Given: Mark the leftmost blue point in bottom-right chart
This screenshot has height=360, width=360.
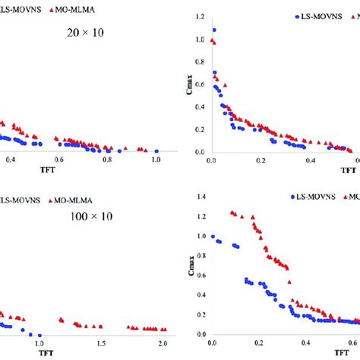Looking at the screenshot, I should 213,236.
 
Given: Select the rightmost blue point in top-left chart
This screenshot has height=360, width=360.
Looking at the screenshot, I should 156,150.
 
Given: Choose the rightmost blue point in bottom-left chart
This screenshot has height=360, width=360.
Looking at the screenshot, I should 40,334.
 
